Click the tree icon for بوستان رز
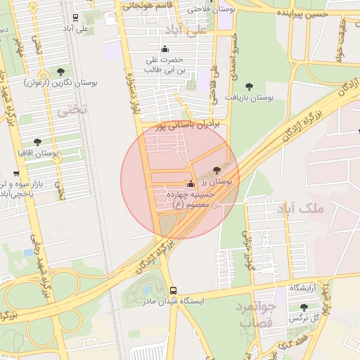215,170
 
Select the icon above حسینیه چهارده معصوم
191,184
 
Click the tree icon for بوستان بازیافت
249,86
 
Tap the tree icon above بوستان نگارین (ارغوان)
61,72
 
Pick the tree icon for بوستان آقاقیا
37,142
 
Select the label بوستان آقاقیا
39,153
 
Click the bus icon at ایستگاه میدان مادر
173,290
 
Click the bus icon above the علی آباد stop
75,18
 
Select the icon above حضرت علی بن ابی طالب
165,49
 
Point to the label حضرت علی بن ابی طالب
165,65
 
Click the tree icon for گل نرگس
303,307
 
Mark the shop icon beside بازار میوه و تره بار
16,174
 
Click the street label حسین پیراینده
302,13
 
